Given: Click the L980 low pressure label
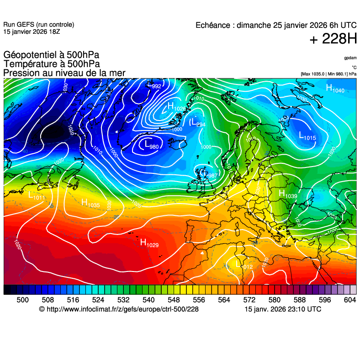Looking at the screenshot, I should pos(151,146).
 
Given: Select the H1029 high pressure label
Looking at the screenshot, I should pos(149,243).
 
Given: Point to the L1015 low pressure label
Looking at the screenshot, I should pos(307,136).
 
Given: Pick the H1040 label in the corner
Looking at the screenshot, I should pos(335,89).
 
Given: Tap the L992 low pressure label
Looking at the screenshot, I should pos(154,85).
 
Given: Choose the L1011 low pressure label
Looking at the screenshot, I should pos(37,196).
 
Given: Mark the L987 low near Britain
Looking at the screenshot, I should pos(210,174).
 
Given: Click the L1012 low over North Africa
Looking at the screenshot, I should pos(244,265).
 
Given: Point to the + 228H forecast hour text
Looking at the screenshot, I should pos(333,39).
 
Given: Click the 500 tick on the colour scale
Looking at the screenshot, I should pos(22,300).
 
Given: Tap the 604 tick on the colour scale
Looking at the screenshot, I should pos(349,300).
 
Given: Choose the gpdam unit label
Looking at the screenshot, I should pos(350,58).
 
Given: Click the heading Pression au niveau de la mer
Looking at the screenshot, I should pos(64,73).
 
